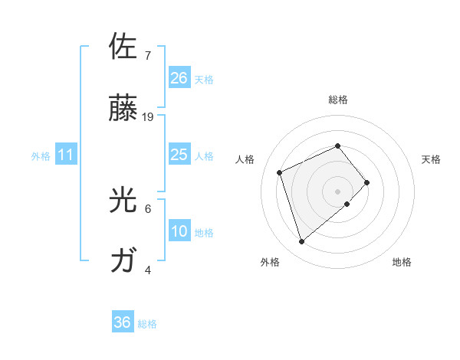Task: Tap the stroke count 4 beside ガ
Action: pyautogui.click(x=147, y=270)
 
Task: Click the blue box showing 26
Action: pyautogui.click(x=179, y=78)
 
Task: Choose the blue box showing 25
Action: pyautogui.click(x=179, y=155)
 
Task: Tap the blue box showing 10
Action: pyautogui.click(x=179, y=231)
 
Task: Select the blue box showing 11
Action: pyautogui.click(x=66, y=155)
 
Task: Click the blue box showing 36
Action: pyautogui.click(x=123, y=322)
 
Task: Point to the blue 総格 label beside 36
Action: pyautogui.click(x=147, y=324)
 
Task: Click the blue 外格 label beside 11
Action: pyautogui.click(x=41, y=156)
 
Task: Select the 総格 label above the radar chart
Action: pyautogui.click(x=337, y=100)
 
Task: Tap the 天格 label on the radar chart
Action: pyautogui.click(x=431, y=159)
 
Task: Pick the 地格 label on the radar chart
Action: pyautogui.click(x=402, y=262)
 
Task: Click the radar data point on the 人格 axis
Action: pyautogui.click(x=281, y=172)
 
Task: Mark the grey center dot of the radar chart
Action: pyautogui.click(x=337, y=190)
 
